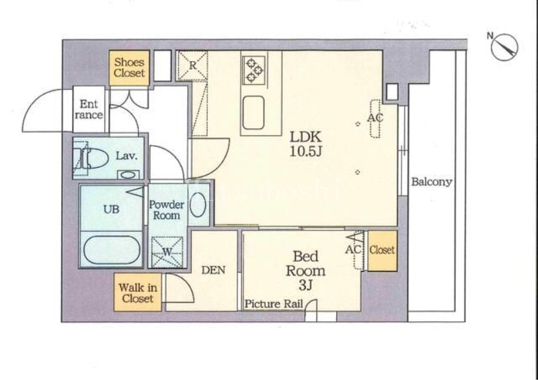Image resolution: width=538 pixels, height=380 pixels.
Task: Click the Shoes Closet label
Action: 129,68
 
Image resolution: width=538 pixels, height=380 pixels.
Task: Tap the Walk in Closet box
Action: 138,292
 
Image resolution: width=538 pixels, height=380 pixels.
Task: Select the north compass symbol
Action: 503,47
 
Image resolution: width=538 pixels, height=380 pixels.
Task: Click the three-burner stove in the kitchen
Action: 254,70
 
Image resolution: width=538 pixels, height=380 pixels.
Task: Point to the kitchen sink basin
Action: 254,112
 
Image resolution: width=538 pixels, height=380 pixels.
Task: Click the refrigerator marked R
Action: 192,66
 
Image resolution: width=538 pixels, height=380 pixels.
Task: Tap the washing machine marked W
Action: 167,252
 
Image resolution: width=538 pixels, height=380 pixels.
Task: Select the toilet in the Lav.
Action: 90,158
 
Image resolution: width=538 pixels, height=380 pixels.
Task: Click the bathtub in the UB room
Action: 112,250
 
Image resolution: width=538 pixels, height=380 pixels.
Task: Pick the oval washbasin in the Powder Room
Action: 198,205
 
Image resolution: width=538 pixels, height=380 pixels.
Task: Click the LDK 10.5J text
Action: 306,144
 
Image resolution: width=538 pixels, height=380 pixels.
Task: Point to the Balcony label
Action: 432,181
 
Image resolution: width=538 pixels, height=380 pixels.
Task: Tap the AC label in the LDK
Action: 375,118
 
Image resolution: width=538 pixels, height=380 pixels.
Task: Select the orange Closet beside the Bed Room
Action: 382,251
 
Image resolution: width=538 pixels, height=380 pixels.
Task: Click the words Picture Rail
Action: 274,303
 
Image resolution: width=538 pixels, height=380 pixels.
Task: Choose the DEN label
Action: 213,271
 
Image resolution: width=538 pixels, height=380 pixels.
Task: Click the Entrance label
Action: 89,109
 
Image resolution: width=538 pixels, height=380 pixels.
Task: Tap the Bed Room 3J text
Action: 305,271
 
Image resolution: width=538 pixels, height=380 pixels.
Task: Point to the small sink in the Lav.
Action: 128,175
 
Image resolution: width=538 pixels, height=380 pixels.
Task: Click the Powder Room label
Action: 166,210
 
